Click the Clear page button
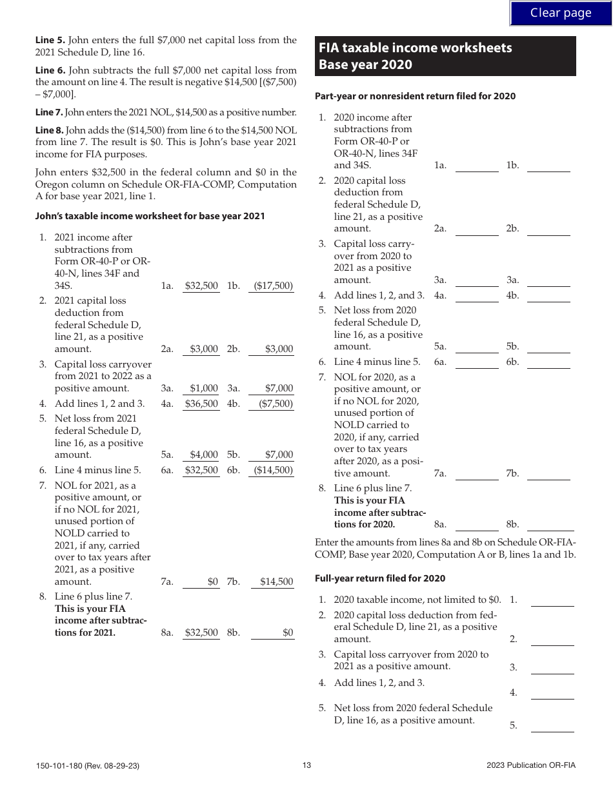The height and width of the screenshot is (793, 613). pyautogui.click(x=560, y=13)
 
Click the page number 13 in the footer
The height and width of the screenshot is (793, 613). pyautogui.click(x=306, y=765)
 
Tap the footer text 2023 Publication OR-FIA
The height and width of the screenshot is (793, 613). pyautogui.click(x=531, y=765)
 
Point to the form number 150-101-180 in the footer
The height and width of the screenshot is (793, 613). pyautogui.click(x=87, y=766)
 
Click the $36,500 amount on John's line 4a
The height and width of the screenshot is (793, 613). pyautogui.click(x=201, y=404)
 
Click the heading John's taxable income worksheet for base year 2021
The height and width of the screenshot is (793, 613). pyautogui.click(x=150, y=216)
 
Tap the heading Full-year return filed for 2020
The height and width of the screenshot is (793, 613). pyautogui.click(x=379, y=578)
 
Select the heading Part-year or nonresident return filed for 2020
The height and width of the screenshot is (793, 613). pyautogui.click(x=415, y=96)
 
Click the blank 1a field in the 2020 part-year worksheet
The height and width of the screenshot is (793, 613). pyautogui.click(x=477, y=165)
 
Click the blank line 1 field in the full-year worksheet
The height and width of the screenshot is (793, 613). pyautogui.click(x=552, y=600)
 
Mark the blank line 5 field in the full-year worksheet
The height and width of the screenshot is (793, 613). pyautogui.click(x=552, y=725)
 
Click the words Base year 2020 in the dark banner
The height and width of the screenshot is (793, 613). pyautogui.click(x=365, y=64)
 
